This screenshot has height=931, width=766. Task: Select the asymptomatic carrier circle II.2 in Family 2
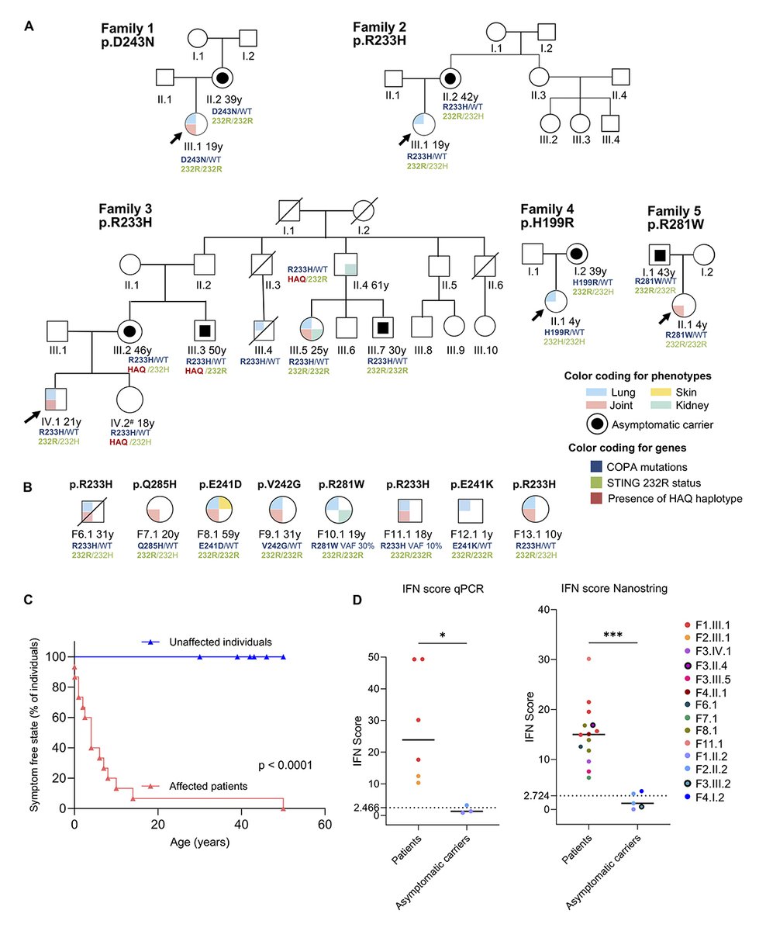450,78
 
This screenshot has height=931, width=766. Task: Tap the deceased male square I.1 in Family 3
290,211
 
